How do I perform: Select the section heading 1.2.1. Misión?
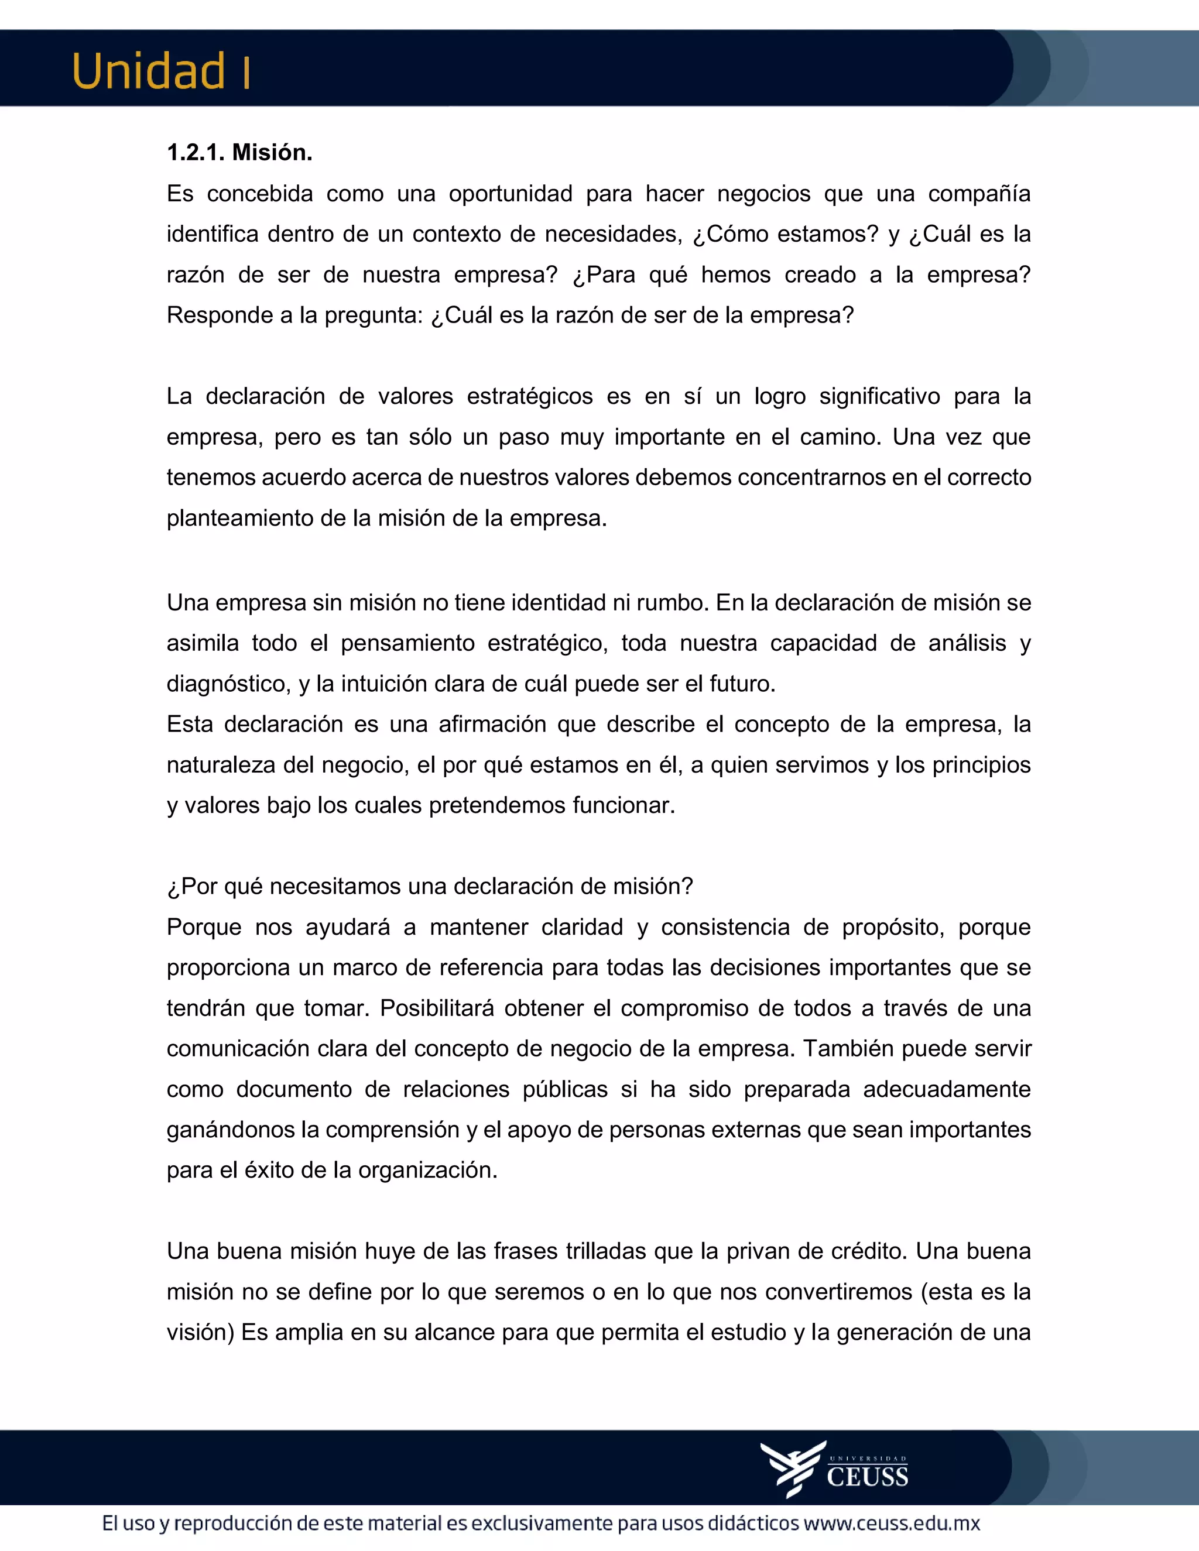pos(239,152)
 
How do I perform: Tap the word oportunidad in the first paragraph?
pos(510,193)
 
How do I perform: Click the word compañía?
pos(979,193)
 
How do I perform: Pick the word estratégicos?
pos(529,396)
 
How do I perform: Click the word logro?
pos(779,396)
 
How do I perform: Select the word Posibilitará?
pos(437,1008)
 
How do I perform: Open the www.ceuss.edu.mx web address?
pos(892,1524)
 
